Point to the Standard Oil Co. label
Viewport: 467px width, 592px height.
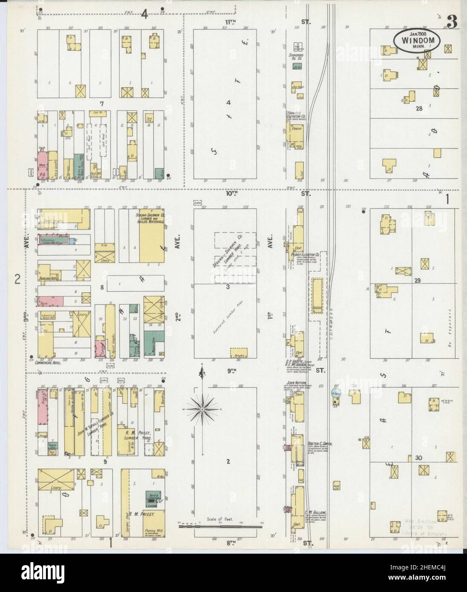coord(294,56)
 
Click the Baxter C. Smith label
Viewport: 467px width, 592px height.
coord(320,444)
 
